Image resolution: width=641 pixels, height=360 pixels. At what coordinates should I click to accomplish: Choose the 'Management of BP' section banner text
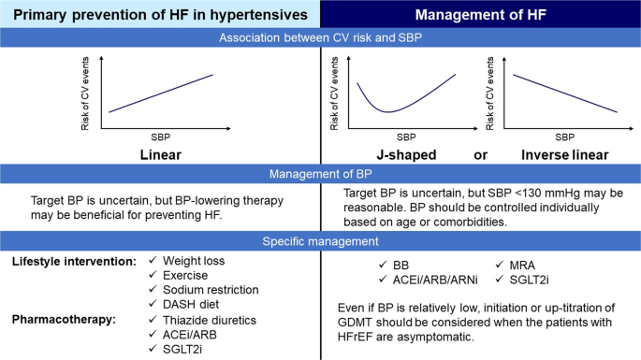tap(320, 172)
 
